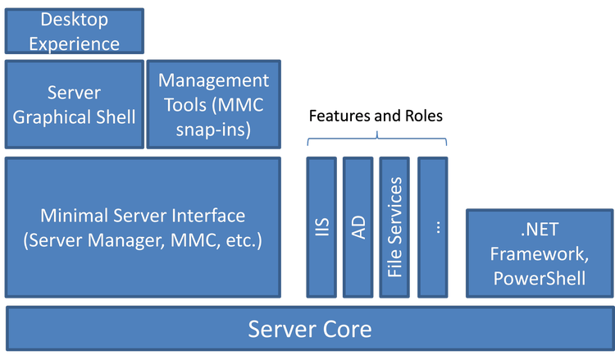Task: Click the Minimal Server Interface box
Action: coord(143,228)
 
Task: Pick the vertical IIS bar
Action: coord(321,227)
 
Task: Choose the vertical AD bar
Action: coord(358,227)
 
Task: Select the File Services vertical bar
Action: coord(395,227)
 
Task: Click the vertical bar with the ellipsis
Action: coord(433,227)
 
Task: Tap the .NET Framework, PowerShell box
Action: coord(539,254)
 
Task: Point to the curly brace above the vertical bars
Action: coord(377,139)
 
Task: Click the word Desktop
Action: coord(75,18)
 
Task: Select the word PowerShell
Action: coord(539,279)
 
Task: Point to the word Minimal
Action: coord(70,216)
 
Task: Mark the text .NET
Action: coord(539,230)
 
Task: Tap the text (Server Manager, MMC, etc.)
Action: coord(143,243)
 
